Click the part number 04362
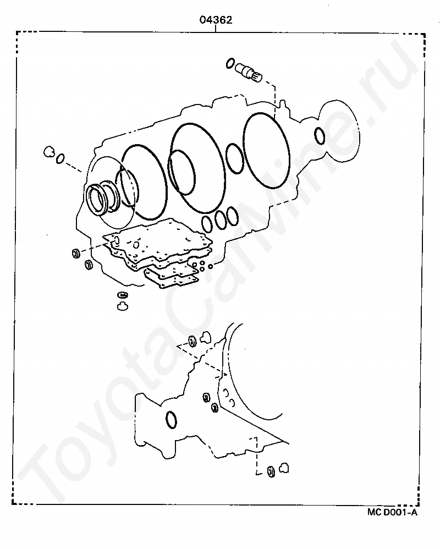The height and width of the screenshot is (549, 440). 216,20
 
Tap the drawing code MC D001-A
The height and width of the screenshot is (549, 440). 392,512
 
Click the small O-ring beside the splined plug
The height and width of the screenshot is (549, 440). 230,63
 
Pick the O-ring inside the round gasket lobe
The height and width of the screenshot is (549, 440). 320,136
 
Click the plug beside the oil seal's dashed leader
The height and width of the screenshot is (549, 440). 48,151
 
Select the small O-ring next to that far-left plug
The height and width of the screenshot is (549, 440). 60,158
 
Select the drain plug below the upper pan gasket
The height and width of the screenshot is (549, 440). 122,306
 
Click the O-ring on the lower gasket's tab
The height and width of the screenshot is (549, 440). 171,420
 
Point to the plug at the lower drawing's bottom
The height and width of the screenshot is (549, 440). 284,468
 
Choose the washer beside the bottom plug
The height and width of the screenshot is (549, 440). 271,471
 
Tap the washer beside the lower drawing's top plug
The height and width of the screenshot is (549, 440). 193,341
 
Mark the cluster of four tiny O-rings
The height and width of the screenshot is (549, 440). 202,266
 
